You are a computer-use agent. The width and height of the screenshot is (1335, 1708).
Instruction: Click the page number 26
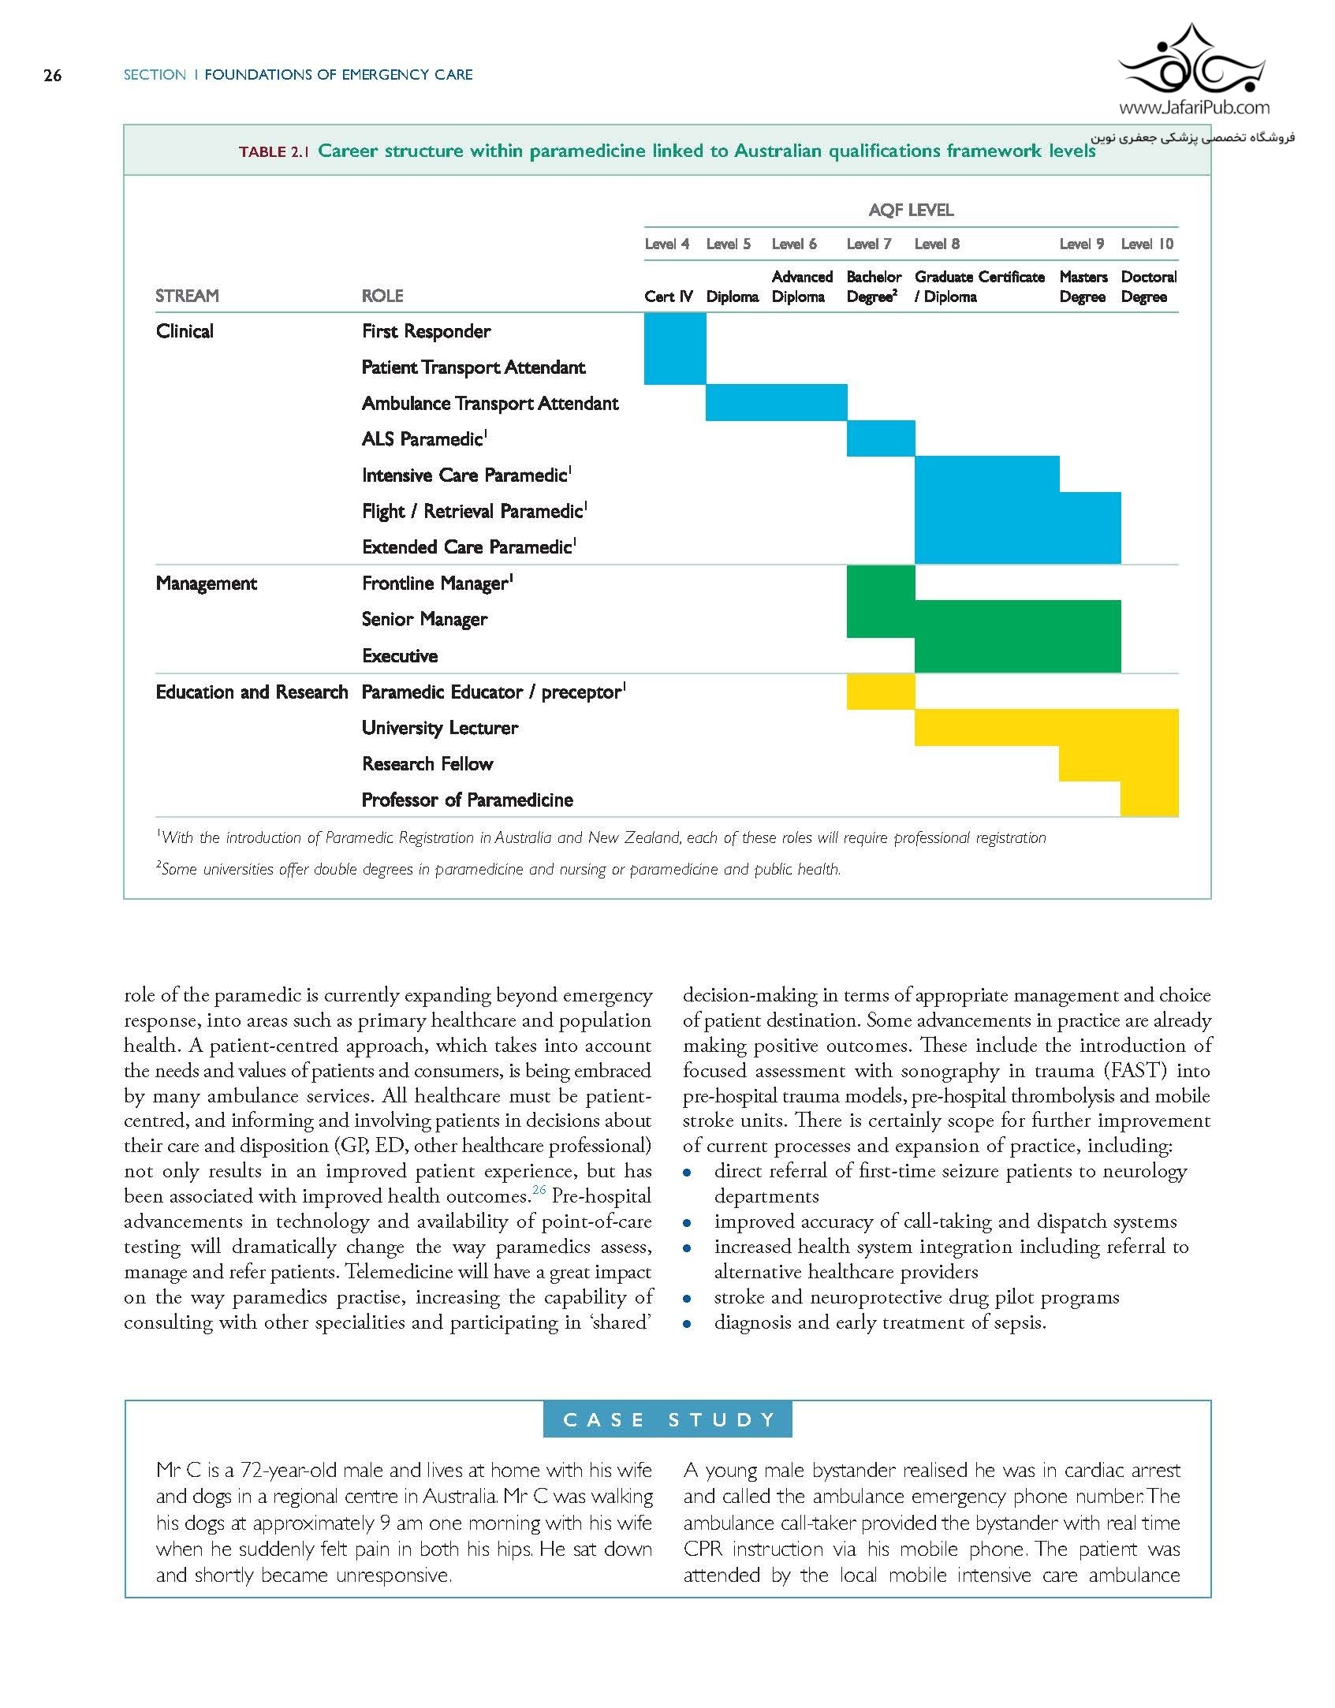(52, 76)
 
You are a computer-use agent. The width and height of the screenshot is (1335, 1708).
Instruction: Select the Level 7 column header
(868, 244)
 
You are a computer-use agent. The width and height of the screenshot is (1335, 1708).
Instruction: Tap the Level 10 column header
(1147, 244)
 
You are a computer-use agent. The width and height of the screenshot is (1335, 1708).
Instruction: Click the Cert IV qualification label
(668, 296)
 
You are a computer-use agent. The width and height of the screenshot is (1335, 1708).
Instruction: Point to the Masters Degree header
(1083, 287)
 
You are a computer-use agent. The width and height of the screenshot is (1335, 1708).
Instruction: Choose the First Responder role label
(426, 331)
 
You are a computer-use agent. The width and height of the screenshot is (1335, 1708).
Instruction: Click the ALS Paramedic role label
(424, 439)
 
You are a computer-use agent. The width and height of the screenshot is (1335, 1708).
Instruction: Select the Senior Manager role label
(424, 620)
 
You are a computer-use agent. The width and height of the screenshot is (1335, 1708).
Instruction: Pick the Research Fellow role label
(427, 764)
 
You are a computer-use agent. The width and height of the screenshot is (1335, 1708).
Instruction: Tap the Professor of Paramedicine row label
(467, 800)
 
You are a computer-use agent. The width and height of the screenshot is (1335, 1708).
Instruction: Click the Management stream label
(207, 584)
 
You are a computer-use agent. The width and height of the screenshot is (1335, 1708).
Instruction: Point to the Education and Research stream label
(252, 692)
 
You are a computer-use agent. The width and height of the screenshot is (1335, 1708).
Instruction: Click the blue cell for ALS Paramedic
(880, 438)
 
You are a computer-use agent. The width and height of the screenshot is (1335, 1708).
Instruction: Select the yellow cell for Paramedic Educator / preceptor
(880, 692)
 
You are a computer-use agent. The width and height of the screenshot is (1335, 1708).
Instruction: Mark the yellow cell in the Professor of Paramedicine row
(1149, 800)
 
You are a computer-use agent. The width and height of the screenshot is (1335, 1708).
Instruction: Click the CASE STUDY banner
(667, 1420)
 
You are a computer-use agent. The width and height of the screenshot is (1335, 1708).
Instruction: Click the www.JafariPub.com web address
(1194, 108)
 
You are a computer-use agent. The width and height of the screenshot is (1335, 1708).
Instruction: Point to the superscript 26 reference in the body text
(539, 1190)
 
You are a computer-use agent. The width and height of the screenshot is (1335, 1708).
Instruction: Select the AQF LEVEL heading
(911, 211)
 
